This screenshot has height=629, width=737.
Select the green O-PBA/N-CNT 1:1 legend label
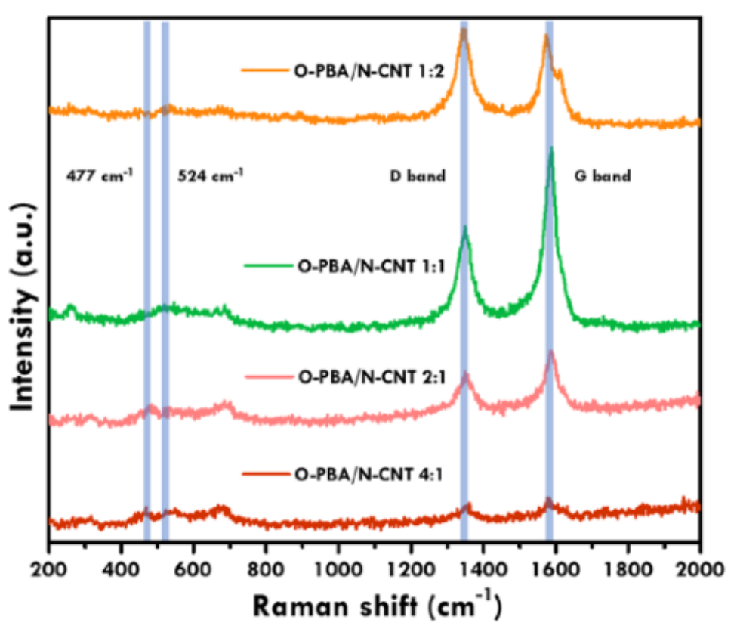pos(357,265)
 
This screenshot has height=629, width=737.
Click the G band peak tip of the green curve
pos(551,148)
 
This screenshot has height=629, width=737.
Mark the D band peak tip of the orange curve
pos(464,29)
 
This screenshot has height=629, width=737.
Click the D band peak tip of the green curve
pos(465,228)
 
